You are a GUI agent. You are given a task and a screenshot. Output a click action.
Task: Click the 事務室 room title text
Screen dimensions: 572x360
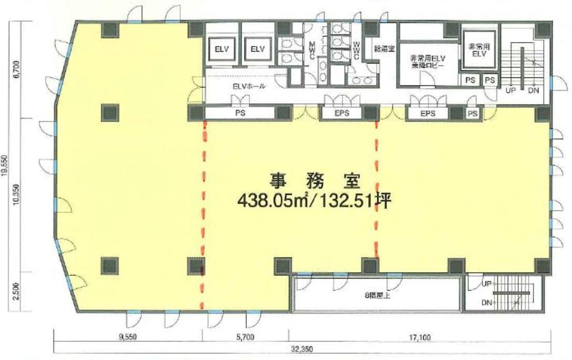click(x=315, y=181)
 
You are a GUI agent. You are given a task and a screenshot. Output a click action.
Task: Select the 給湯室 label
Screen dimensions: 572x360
click(x=385, y=49)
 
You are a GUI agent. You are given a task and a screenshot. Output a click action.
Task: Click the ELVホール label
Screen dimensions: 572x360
click(x=249, y=87)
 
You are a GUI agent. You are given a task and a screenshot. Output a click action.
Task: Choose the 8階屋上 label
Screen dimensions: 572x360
click(x=377, y=296)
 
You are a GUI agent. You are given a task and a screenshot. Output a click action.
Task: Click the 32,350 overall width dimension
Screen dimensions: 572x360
click(x=302, y=349)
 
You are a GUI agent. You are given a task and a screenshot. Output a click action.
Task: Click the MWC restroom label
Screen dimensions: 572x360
click(x=312, y=51)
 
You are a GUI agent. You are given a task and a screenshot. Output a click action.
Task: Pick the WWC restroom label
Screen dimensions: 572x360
click(x=356, y=51)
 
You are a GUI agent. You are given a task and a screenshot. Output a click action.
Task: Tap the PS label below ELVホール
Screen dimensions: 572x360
click(x=239, y=113)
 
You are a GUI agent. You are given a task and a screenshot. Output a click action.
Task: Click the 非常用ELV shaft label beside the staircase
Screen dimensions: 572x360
click(x=479, y=50)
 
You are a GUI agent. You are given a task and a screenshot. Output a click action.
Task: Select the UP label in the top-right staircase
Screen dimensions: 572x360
click(x=510, y=90)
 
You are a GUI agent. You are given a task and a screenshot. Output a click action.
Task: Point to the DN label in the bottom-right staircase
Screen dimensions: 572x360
click(x=487, y=302)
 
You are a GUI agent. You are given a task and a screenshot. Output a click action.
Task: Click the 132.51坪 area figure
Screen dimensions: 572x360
click(x=354, y=201)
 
